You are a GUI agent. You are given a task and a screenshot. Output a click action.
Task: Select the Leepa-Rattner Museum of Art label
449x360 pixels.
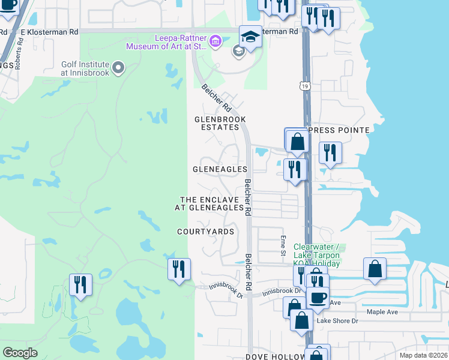tap(181, 41)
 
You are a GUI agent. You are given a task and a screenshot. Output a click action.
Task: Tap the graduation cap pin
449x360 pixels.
tap(250, 38)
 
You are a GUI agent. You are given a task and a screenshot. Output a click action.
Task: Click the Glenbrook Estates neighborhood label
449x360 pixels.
tap(220, 124)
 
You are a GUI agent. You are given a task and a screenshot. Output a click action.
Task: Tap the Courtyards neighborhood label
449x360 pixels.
tap(205, 232)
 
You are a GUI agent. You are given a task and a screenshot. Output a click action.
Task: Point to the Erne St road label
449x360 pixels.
tap(283, 244)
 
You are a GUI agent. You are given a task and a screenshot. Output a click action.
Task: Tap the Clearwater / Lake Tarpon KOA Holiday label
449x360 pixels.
tap(316, 255)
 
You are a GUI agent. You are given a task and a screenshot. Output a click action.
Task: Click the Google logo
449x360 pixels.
tap(20, 353)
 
